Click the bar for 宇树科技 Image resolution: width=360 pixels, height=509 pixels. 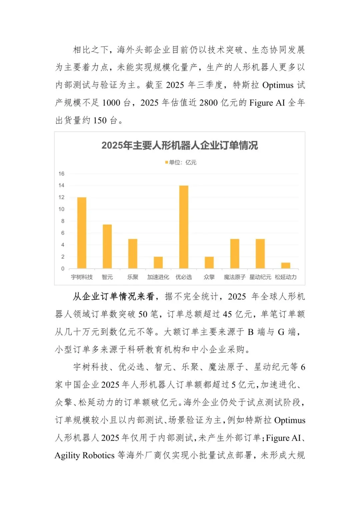tap(82, 233)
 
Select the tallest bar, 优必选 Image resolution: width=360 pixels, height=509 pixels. tap(184, 227)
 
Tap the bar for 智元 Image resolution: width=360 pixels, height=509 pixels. tap(107, 246)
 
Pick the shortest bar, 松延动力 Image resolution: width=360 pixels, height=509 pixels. tap(286, 266)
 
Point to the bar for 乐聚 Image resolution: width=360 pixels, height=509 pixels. tap(133, 253)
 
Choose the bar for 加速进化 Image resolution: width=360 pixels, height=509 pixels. tap(158, 263)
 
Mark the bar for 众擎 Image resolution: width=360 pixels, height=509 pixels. tap(209, 263)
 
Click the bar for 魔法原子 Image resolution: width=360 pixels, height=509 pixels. tap(235, 253)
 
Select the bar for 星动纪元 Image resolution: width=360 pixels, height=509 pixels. tap(260, 253)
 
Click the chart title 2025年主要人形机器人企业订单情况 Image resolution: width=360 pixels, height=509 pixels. tap(180, 145)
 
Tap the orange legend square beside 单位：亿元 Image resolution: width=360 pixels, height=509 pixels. tap(167, 162)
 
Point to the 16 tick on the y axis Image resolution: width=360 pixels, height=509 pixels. tap(61, 174)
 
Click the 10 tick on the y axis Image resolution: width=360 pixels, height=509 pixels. tap(61, 209)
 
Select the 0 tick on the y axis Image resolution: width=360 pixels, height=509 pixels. tap(63, 269)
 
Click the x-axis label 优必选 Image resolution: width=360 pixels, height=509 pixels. tap(184, 277)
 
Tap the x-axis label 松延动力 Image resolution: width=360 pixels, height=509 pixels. tap(286, 277)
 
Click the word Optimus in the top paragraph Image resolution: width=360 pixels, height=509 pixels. tap(278, 85)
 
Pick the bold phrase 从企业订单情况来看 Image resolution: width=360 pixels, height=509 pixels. tap(113, 296)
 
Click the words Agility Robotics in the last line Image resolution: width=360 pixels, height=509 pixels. tap(85, 455)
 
